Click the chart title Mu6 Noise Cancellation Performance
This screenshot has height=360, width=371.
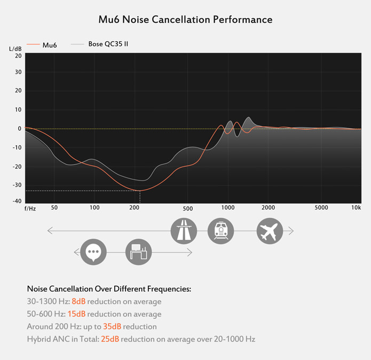point(185,20)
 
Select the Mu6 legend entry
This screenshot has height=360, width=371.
point(49,45)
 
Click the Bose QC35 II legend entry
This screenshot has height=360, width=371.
point(108,44)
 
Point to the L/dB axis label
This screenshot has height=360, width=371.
point(15,49)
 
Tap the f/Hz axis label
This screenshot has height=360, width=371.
point(30,208)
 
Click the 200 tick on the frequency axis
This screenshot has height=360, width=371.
point(134,208)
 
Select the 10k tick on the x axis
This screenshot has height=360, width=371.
point(356,208)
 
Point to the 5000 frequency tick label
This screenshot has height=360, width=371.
point(321,208)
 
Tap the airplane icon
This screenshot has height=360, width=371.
point(270,231)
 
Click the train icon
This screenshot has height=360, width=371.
point(220,231)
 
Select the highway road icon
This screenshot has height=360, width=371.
point(184,231)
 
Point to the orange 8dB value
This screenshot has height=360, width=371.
point(78,301)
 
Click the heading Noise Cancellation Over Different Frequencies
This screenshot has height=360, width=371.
point(109,289)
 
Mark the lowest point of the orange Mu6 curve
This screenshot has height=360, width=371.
point(139,190)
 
